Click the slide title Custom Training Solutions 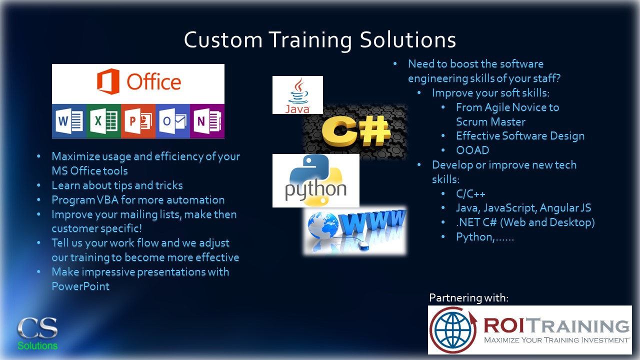click(x=319, y=40)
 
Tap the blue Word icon click(x=69, y=121)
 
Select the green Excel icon click(x=104, y=121)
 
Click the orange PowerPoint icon click(x=138, y=121)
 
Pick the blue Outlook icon click(x=172, y=121)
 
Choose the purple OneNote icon click(x=207, y=121)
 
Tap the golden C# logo click(x=355, y=131)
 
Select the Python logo click(x=315, y=180)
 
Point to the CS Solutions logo click(x=37, y=333)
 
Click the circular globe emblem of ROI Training click(x=452, y=329)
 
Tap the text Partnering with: click(x=468, y=298)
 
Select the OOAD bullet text click(x=472, y=150)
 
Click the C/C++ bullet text click(x=470, y=193)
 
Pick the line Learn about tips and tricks click(x=117, y=185)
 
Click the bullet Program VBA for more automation click(x=138, y=200)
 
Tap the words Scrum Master click(x=490, y=121)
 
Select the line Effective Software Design click(x=520, y=136)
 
